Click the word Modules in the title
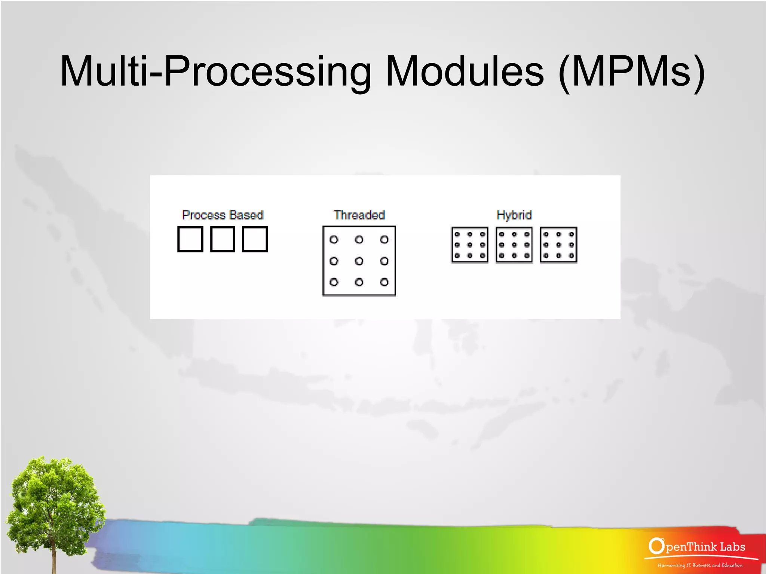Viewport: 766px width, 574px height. pyautogui.click(x=464, y=71)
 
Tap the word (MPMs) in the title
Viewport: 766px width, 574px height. pyautogui.click(x=631, y=71)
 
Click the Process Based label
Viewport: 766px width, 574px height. pyautogui.click(x=223, y=215)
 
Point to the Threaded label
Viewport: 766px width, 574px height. pyautogui.click(x=359, y=215)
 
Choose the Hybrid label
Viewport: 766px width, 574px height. pyautogui.click(x=514, y=215)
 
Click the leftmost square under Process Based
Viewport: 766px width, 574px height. pyautogui.click(x=190, y=239)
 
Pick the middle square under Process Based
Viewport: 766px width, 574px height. pyautogui.click(x=223, y=239)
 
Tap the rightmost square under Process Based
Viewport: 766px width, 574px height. pyautogui.click(x=255, y=239)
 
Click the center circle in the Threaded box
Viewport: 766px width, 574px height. pyautogui.click(x=359, y=261)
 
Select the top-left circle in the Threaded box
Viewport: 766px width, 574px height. pyautogui.click(x=334, y=240)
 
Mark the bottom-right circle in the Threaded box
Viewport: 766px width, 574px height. pyautogui.click(x=384, y=282)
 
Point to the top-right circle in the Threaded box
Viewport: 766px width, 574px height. pyautogui.click(x=384, y=240)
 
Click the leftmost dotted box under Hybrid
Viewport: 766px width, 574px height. pyautogui.click(x=470, y=245)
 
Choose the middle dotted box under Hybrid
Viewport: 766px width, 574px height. pyautogui.click(x=514, y=245)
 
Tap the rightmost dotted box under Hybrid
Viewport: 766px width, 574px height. pyautogui.click(x=558, y=245)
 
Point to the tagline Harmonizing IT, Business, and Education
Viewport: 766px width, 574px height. pyautogui.click(x=700, y=565)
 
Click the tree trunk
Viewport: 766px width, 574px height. pyautogui.click(x=54, y=557)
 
